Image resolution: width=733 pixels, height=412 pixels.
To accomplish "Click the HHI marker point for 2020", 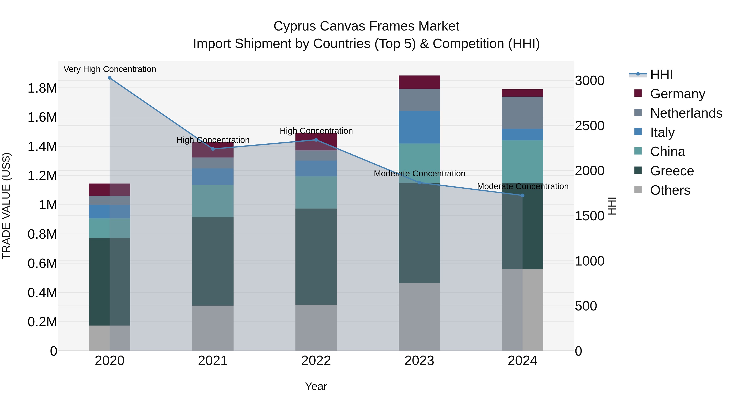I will pos(110,78).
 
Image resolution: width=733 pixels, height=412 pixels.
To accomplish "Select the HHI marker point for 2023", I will pos(419,183).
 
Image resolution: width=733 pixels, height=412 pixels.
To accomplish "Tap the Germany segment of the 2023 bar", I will pos(419,82).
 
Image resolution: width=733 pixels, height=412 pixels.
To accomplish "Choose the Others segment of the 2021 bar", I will pos(213,328).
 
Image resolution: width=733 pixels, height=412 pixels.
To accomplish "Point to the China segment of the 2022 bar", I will pos(316,192).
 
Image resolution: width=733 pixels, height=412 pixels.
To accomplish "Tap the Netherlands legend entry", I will pos(686,113).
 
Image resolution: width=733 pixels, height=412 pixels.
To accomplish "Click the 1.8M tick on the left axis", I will pos(42,88).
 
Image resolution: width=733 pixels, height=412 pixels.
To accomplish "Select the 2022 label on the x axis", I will pos(316,361).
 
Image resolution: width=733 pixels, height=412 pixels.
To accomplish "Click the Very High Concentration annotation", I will pos(110,69).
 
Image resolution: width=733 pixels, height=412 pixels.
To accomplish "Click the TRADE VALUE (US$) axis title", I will pos(6,206).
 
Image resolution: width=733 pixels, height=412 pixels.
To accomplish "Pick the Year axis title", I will pos(316,386).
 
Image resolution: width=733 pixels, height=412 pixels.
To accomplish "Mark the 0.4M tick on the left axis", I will pos(42,293).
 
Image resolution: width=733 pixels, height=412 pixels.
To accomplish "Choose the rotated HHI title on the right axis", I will pos(612,206).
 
